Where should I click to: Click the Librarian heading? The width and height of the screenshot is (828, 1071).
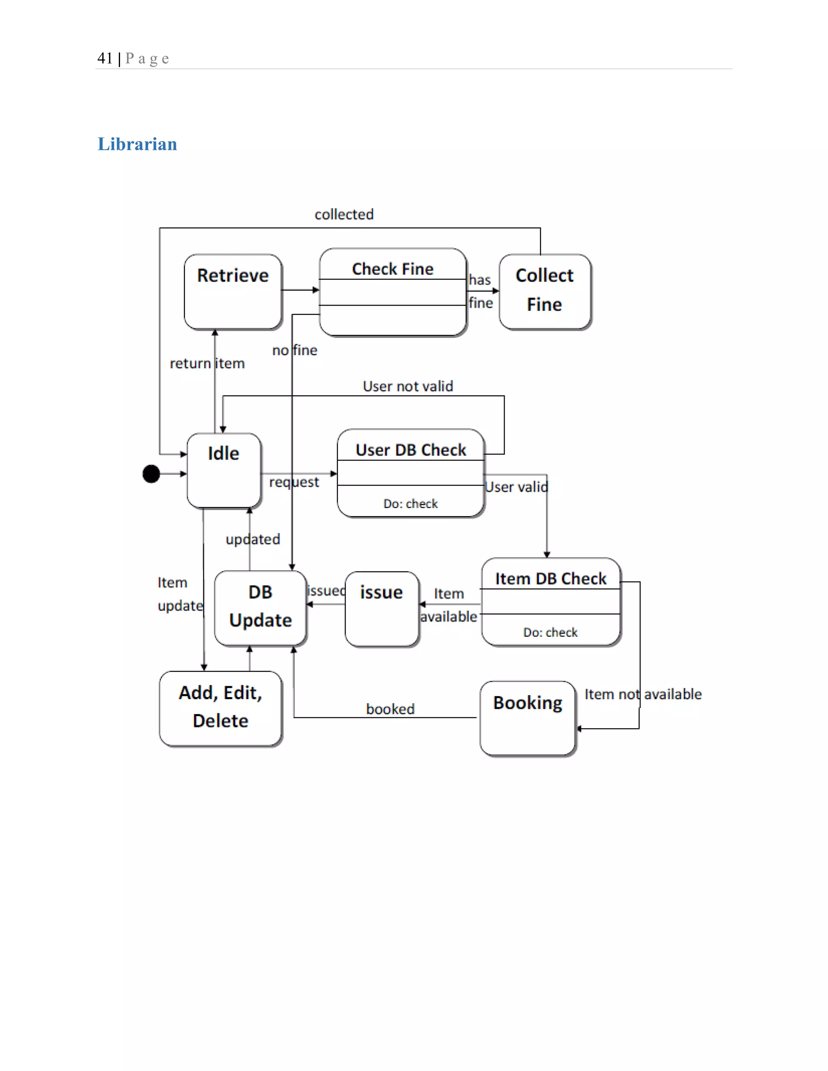pos(137,144)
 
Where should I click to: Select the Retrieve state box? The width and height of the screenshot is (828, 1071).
pos(233,291)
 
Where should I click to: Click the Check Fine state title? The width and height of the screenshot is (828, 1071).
pos(393,269)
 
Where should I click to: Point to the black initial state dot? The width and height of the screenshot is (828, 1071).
pos(151,474)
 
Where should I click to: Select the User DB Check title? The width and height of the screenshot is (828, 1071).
pos(411,450)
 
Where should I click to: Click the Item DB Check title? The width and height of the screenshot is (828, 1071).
pos(550,579)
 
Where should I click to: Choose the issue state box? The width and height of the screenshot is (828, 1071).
pos(382,608)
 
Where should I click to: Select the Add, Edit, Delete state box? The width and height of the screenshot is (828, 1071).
pos(221,707)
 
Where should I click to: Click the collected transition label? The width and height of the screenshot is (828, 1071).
pos(344,214)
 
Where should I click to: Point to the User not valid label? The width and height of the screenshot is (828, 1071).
pos(408,386)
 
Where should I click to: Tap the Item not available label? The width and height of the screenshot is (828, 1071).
pos(642,694)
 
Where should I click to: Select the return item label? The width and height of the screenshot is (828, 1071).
pos(207,363)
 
